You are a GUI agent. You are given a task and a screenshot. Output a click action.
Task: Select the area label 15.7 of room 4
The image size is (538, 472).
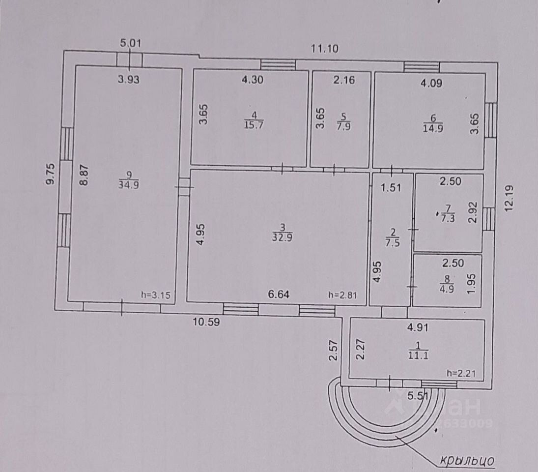click(x=254, y=124)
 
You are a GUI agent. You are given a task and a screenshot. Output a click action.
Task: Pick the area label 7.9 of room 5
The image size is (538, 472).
click(x=343, y=125)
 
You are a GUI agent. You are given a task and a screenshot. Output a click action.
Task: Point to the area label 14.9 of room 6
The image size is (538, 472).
click(x=433, y=129)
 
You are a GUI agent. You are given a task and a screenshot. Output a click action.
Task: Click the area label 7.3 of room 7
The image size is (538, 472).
click(x=447, y=218)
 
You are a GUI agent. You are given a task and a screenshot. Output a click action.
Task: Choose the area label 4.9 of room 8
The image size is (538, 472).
click(x=447, y=289)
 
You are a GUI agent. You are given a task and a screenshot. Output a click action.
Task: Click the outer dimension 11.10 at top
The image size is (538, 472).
click(x=325, y=48)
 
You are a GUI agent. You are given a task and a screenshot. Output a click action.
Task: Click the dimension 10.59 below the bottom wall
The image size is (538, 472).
click(x=205, y=322)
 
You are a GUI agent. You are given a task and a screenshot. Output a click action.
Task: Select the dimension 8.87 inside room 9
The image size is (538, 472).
click(x=84, y=175)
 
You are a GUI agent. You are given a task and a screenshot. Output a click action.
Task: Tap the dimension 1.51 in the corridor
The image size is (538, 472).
click(x=391, y=187)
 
